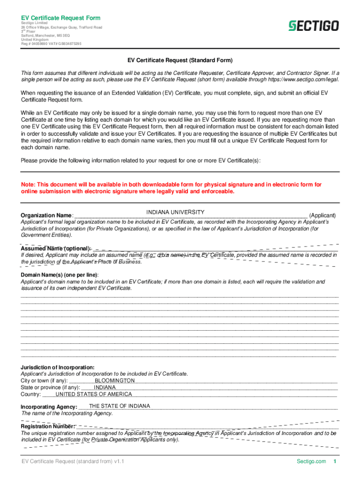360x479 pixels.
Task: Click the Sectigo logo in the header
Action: click(x=313, y=26)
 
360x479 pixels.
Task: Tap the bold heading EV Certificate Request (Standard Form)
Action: click(x=180, y=60)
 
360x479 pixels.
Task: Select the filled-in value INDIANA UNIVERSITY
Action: click(x=175, y=212)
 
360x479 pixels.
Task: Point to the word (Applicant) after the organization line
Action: click(x=323, y=216)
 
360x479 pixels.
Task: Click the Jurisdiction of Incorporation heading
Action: click(x=58, y=367)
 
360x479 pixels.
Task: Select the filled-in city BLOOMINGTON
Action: click(x=115, y=381)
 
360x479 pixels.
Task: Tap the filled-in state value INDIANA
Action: click(x=105, y=387)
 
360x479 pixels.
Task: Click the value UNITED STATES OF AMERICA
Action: click(x=94, y=394)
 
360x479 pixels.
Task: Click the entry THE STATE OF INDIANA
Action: click(x=116, y=406)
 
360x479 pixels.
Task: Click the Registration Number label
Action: click(x=47, y=427)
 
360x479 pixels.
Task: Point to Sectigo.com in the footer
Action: click(x=311, y=462)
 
